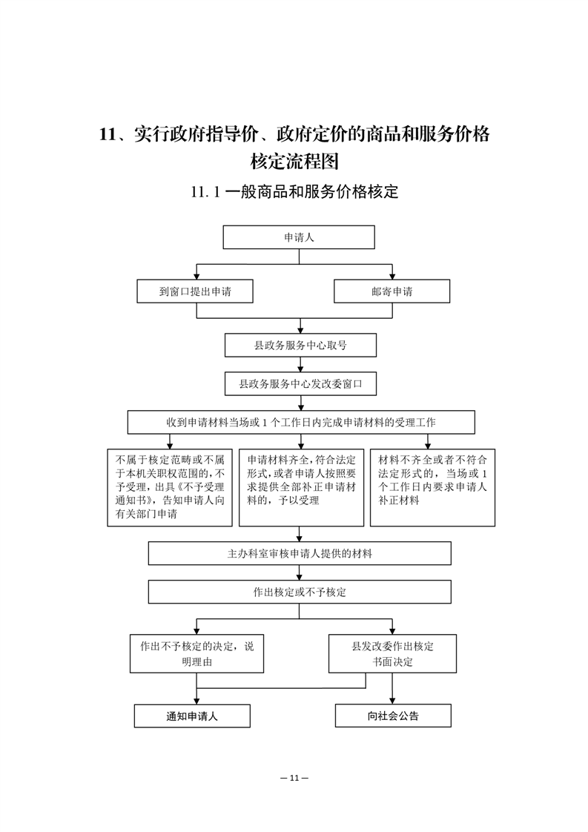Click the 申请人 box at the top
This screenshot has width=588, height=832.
299,237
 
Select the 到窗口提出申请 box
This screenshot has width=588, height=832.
195,291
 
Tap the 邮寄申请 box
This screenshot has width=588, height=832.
392,291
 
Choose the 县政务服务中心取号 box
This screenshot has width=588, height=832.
300,346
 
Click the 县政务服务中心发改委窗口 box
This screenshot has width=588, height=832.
300,383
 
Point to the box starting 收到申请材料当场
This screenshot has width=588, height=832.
301,423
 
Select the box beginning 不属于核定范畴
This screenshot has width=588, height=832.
170,488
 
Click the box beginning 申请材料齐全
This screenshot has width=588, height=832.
302,488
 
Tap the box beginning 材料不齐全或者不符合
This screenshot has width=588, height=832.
432,488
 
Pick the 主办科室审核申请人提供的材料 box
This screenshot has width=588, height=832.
300,553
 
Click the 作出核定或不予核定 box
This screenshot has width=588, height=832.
300,592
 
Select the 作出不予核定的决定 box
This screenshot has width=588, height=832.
197,654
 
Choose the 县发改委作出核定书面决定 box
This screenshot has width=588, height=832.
393,654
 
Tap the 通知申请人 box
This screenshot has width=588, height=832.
192,716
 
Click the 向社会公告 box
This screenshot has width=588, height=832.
393,716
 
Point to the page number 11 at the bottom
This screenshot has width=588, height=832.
294,778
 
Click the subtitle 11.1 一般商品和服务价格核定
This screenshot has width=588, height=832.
294,191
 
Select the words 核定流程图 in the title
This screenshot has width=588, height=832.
294,161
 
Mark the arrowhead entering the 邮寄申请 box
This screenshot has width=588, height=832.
392,276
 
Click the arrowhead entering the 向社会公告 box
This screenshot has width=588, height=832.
392,701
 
